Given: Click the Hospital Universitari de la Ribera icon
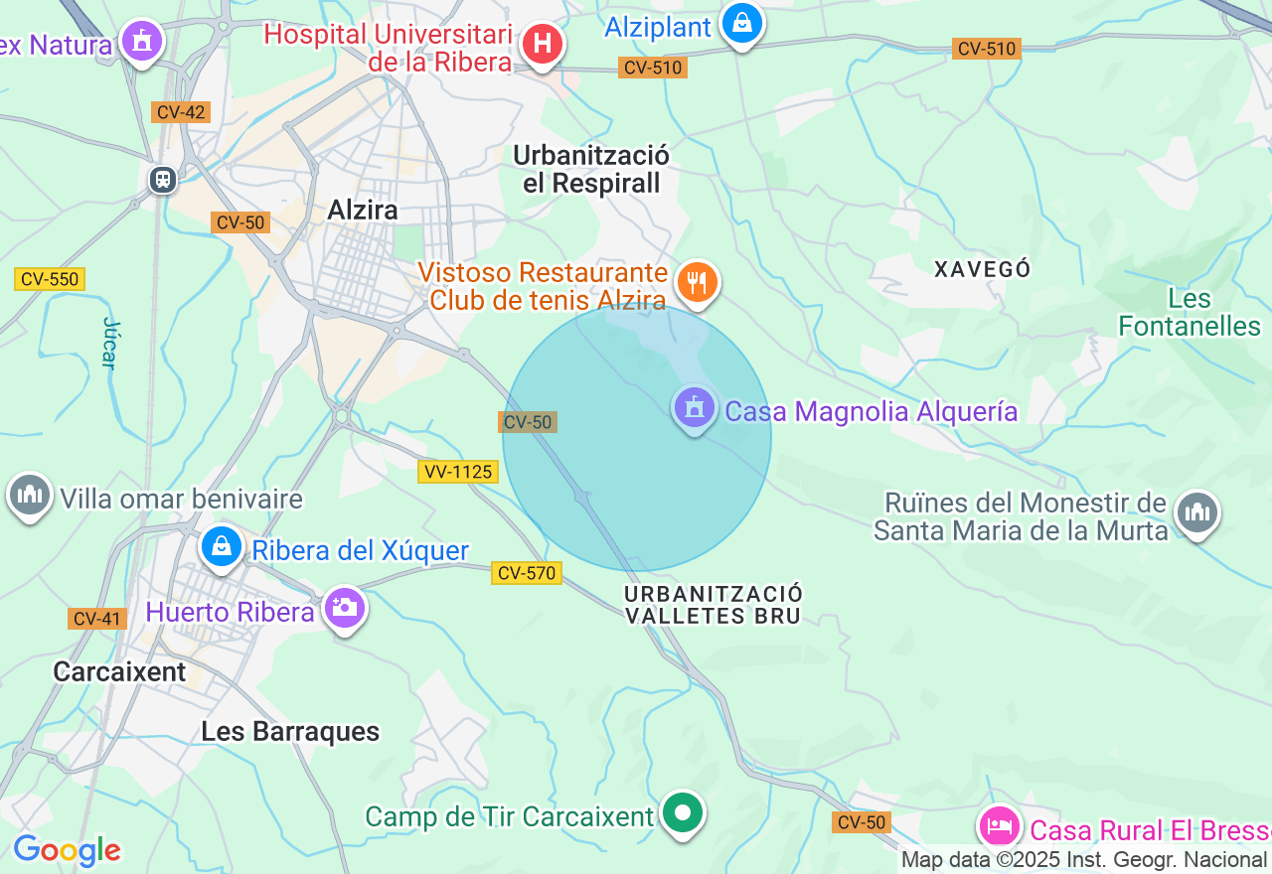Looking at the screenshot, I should tap(543, 44).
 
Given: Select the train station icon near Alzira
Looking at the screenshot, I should tap(163, 180).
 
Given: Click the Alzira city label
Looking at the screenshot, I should tap(363, 210).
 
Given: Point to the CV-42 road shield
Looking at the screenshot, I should tap(181, 112).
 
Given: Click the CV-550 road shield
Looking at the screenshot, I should tap(50, 279).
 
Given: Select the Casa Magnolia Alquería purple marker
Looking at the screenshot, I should tap(695, 407).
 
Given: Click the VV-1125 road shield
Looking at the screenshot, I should tap(457, 472).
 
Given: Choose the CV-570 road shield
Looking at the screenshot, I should tap(526, 573).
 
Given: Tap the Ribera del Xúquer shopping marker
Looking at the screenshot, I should tap(222, 546).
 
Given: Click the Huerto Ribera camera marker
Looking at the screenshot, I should tap(345, 606).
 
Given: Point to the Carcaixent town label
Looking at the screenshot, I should tap(119, 672).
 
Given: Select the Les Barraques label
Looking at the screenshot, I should tap(290, 732).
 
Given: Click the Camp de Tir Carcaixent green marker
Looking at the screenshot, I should tap(682, 813).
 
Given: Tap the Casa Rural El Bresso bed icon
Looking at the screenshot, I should tap(999, 826).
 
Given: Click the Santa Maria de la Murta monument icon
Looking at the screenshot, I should tap(1197, 513).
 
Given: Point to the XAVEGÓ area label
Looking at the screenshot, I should tap(983, 269).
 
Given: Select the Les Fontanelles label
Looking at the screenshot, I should tap(1190, 313).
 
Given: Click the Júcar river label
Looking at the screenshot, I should tap(109, 344).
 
